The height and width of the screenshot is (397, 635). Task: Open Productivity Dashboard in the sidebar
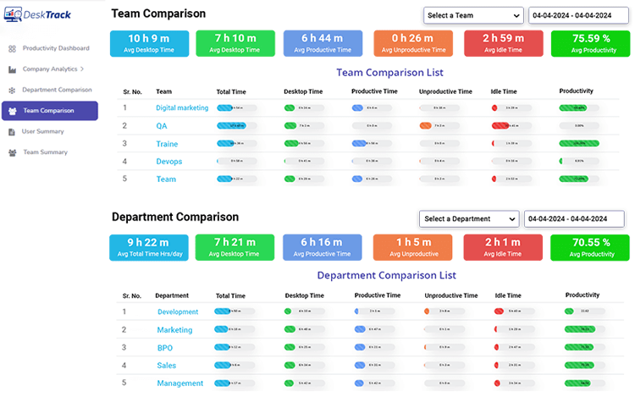click(56, 48)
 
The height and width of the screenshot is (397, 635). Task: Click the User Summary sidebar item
click(42, 131)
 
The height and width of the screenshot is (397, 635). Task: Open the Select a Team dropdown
click(473, 15)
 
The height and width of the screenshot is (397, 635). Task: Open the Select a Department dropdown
click(468, 218)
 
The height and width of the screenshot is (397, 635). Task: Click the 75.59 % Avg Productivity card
click(590, 43)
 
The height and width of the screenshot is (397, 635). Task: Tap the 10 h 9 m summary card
click(149, 43)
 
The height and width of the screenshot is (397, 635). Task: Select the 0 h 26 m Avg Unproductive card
click(412, 43)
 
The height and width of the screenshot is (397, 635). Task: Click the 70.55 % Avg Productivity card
click(590, 247)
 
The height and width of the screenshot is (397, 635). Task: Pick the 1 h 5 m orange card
click(412, 247)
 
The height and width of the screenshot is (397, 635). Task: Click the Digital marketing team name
click(182, 108)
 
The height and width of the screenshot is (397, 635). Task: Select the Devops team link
click(168, 162)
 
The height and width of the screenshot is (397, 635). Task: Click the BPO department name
click(164, 348)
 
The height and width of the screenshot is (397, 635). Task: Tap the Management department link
click(179, 383)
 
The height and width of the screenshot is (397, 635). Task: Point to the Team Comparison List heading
click(389, 73)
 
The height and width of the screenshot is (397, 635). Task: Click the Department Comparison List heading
click(386, 275)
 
